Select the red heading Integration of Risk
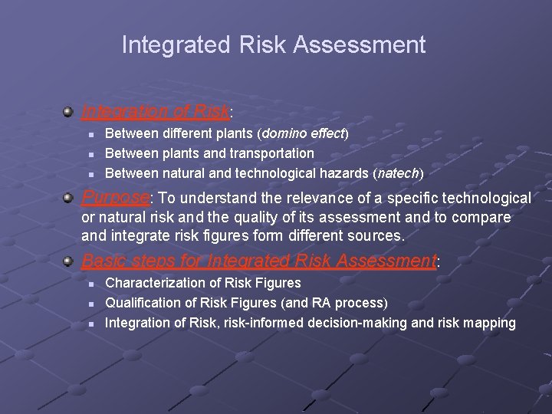click(155, 112)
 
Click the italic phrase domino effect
click(304, 133)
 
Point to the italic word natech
click(397, 173)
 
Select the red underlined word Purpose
click(115, 198)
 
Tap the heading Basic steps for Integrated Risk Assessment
click(258, 261)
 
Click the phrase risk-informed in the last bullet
click(263, 323)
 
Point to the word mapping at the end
click(488, 323)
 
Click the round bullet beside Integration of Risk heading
click(69, 112)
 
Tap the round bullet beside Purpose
click(69, 198)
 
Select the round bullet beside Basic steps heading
click(69, 261)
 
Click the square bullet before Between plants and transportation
click(90, 154)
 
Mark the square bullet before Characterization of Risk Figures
click(90, 284)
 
